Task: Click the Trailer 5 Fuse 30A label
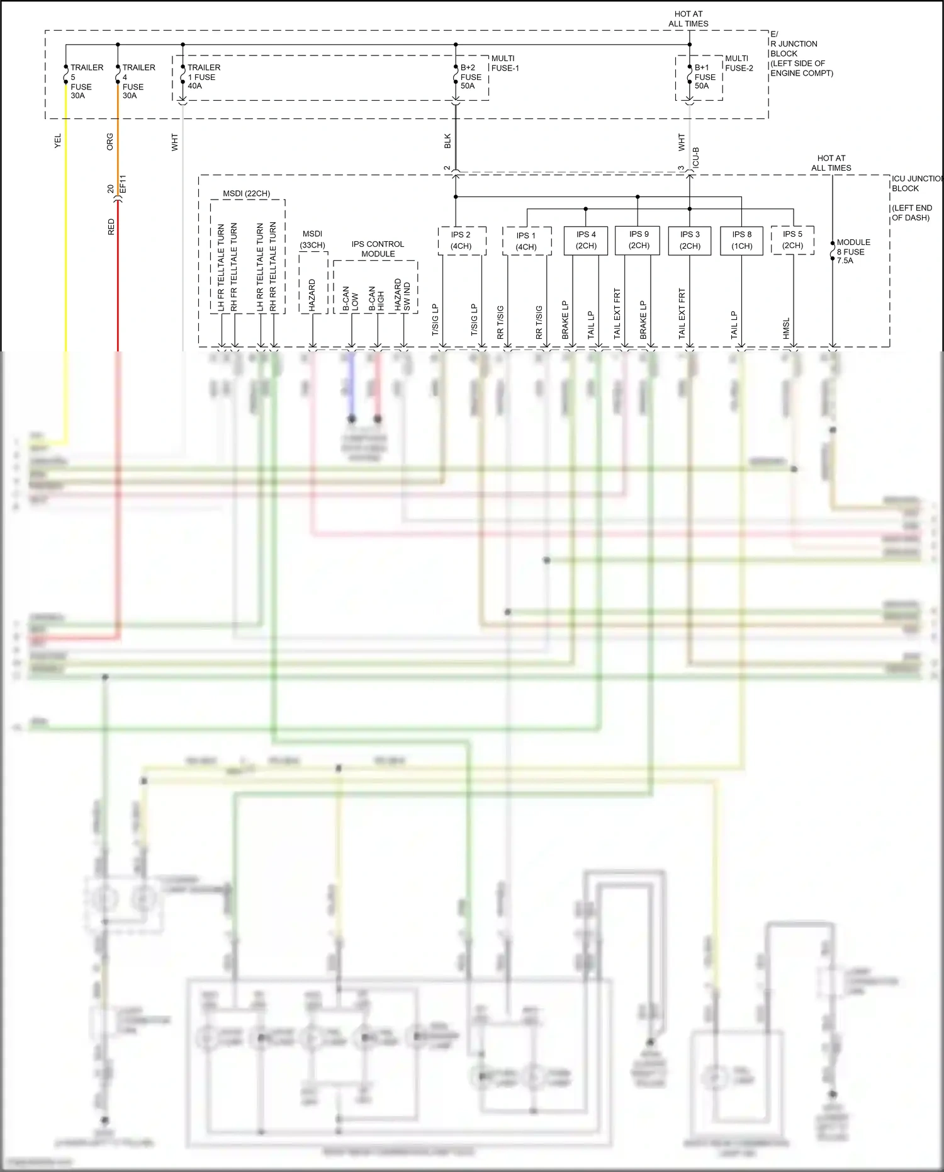tap(86, 81)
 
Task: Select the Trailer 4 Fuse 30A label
tap(138, 81)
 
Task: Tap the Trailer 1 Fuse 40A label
tap(203, 77)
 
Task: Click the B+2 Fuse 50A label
tap(470, 77)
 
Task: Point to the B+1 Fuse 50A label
tap(704, 77)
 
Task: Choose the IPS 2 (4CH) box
tap(461, 241)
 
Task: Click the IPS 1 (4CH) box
tap(527, 241)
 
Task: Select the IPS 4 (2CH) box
tap(586, 241)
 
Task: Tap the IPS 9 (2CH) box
tap(638, 240)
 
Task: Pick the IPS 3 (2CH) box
tap(690, 241)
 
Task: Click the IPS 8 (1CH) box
tap(741, 241)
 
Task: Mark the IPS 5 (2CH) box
tap(792, 240)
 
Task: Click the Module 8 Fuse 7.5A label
tap(853, 251)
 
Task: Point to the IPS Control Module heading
tap(378, 249)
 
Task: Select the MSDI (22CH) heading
tap(247, 193)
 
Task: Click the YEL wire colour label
tap(58, 141)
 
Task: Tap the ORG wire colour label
tap(110, 141)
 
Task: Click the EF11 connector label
tap(123, 184)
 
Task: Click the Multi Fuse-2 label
tap(738, 63)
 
